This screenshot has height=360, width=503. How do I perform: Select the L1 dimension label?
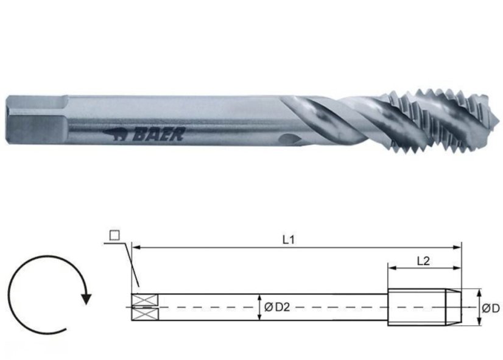(x=289, y=239)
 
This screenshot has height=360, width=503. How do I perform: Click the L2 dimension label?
(x=424, y=260)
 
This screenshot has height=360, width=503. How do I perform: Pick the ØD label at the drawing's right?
(x=490, y=308)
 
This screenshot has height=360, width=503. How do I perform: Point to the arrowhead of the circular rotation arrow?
(x=86, y=298)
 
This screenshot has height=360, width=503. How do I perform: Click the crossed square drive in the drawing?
(x=144, y=306)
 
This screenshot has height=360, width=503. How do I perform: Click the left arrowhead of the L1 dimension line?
(x=136, y=248)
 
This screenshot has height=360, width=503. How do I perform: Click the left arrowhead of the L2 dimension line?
(x=392, y=268)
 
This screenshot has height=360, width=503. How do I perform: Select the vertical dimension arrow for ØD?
(x=479, y=307)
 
